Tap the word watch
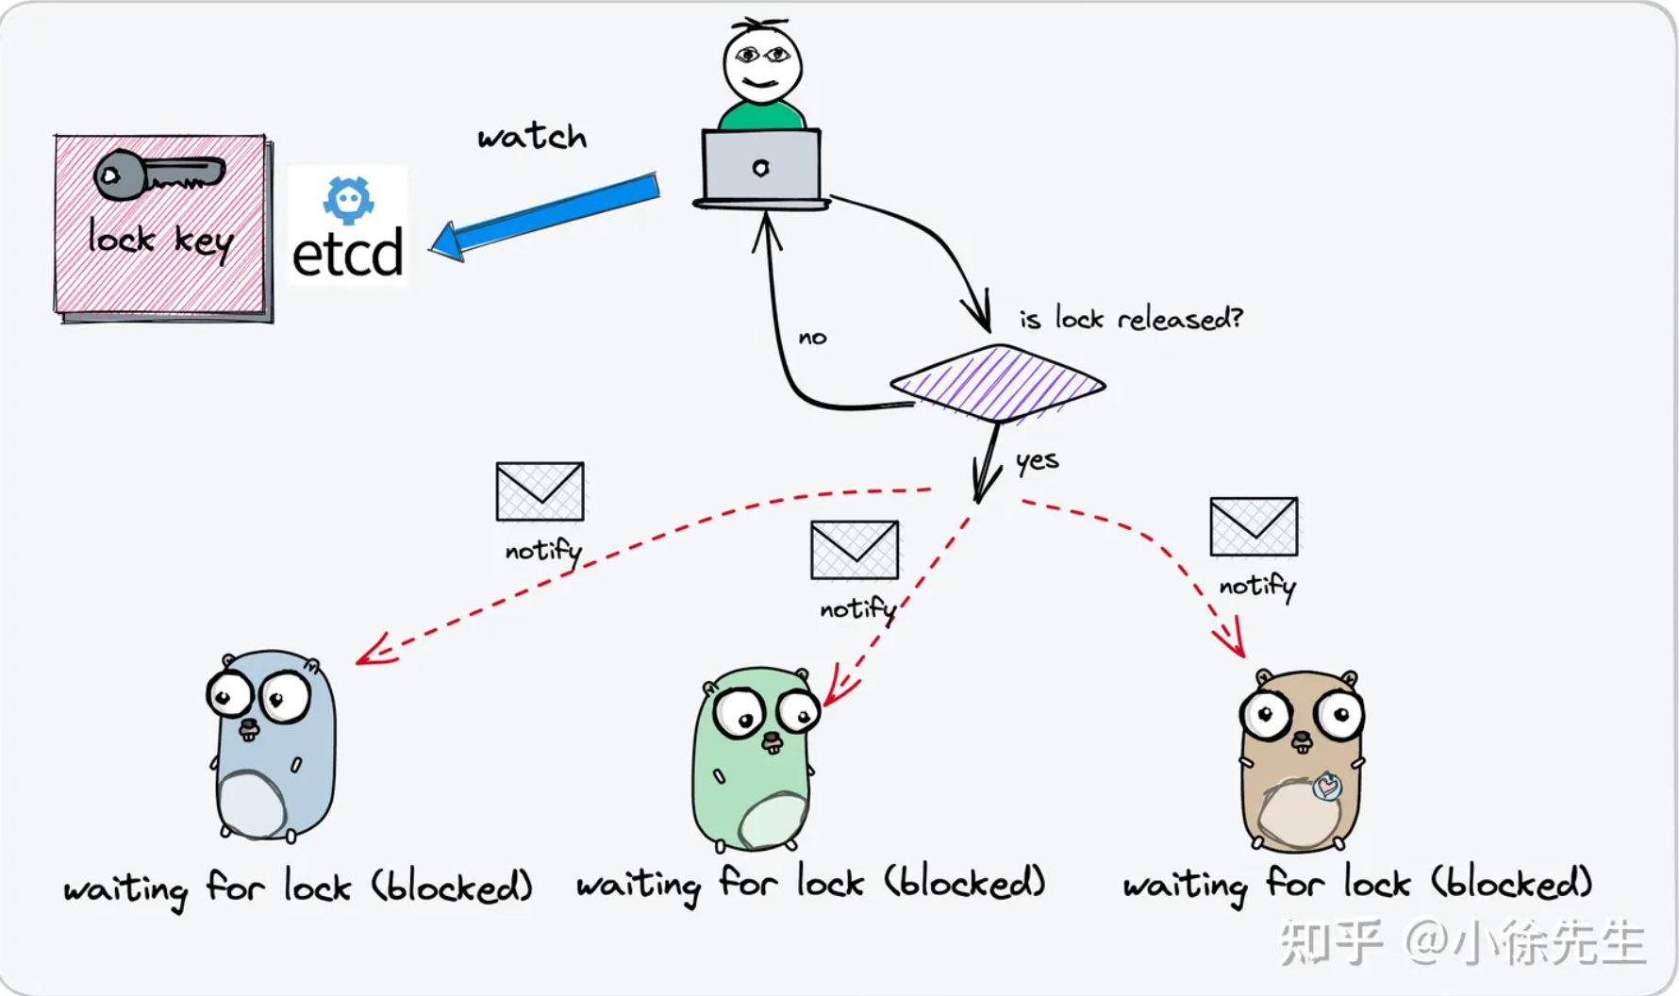point(532,137)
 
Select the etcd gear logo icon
point(348,199)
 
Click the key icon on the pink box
point(158,175)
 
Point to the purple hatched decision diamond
point(997,383)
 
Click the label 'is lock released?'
point(1130,319)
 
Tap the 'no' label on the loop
point(812,338)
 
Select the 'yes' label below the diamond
point(1037,461)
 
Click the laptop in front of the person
point(761,168)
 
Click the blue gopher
point(271,745)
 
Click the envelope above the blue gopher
point(540,491)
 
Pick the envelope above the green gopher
point(855,550)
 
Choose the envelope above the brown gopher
point(1254,527)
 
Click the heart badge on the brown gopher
point(1327,786)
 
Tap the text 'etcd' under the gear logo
point(348,255)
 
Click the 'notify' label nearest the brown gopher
point(1256,587)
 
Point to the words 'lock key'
point(160,239)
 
